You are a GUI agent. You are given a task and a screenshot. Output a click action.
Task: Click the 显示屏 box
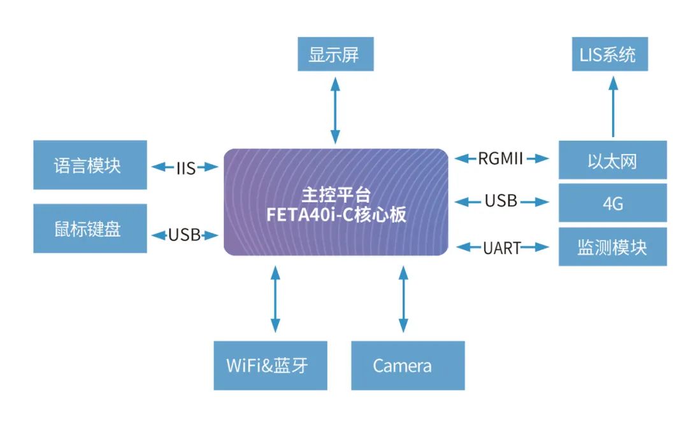(x=335, y=54)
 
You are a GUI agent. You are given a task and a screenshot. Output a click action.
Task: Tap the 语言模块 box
(x=90, y=165)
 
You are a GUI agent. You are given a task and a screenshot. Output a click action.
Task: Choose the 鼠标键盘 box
(x=90, y=228)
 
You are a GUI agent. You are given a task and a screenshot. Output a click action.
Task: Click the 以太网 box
(x=612, y=160)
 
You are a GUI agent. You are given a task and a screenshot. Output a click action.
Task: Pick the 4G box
(x=612, y=203)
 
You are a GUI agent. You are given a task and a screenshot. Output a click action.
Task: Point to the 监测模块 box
(x=612, y=247)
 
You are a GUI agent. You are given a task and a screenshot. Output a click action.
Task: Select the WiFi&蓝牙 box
(x=270, y=365)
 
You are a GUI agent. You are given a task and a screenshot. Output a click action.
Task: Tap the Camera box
(x=408, y=365)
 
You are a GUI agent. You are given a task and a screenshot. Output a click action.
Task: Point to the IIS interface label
(x=185, y=169)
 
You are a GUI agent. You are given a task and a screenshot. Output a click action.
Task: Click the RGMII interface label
(x=501, y=158)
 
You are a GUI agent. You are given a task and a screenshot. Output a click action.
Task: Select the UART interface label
(x=502, y=247)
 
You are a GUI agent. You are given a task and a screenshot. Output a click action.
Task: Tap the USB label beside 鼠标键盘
(x=185, y=235)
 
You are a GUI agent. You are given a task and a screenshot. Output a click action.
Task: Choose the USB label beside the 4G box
(x=501, y=201)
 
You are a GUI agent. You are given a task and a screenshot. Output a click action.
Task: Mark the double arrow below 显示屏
(x=335, y=110)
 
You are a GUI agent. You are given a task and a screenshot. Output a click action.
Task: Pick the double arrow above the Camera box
(x=402, y=298)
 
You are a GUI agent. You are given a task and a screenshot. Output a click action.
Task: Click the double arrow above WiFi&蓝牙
(x=275, y=298)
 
